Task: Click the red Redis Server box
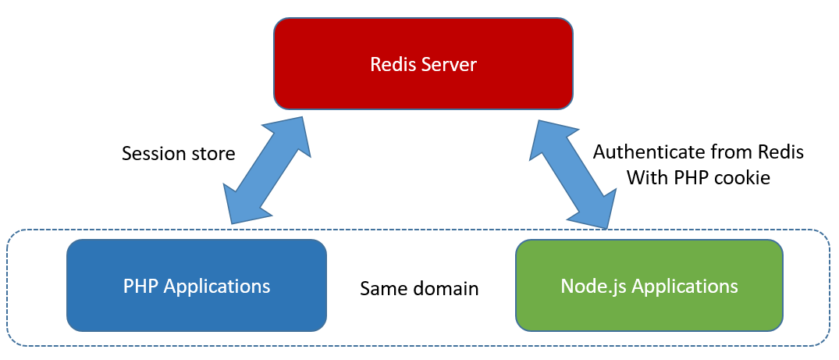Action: pos(423,64)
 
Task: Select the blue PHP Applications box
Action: pos(197,286)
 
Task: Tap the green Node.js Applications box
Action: pos(649,286)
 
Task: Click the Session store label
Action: pos(178,154)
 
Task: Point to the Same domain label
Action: pos(419,289)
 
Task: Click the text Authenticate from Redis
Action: pos(698,151)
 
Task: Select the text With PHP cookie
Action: pos(698,178)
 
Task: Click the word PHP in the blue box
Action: pos(140,286)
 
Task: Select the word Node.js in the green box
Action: pos(594,287)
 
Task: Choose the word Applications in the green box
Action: pos(684,287)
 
